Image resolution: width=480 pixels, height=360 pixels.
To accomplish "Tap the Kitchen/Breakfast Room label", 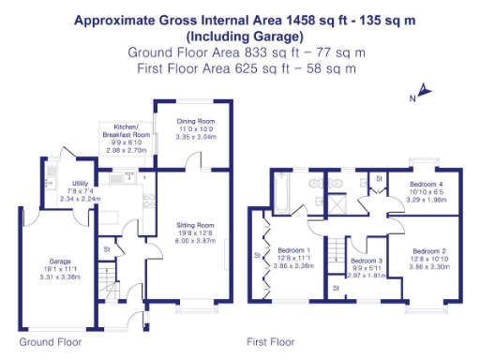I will click(x=127, y=129).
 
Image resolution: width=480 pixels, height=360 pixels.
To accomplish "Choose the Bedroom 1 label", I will click(x=293, y=250).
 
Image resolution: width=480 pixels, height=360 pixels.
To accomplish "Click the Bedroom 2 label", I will click(x=430, y=251).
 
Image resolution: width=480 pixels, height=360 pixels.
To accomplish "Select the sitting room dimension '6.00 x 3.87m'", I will click(x=197, y=241).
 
